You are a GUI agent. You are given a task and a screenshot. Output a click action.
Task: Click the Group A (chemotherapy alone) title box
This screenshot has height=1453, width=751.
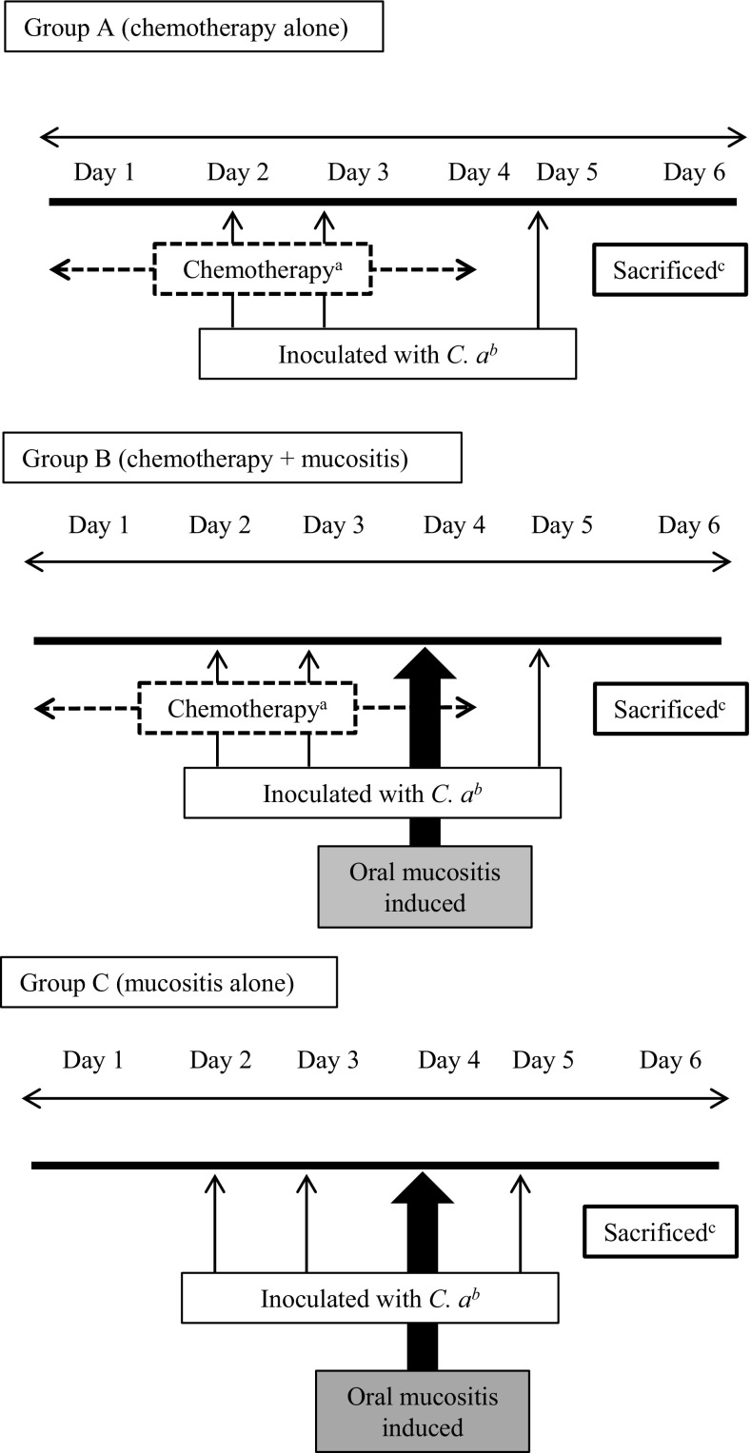coord(192,27)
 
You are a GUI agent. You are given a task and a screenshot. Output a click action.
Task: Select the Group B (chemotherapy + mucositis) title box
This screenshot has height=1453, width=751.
coord(231,459)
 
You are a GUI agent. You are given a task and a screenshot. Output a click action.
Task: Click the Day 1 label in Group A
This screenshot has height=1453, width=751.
coord(104,173)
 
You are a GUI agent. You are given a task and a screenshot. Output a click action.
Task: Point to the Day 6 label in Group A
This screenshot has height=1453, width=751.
coord(694,173)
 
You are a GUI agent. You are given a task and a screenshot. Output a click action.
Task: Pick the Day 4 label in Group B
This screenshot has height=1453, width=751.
coord(454,525)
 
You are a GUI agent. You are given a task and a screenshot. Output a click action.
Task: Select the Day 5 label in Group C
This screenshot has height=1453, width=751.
coord(543,1060)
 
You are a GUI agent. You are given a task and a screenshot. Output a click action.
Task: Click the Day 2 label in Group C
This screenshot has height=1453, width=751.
coord(220,1060)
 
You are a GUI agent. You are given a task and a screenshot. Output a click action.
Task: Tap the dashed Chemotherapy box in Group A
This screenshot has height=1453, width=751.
coord(262,270)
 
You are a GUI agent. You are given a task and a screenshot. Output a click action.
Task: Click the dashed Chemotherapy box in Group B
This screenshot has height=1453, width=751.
coord(247,709)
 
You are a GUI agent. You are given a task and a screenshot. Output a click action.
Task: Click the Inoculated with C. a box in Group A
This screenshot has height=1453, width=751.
coord(386,354)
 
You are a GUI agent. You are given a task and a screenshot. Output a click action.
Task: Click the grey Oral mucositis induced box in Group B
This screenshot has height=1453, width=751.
coord(425,885)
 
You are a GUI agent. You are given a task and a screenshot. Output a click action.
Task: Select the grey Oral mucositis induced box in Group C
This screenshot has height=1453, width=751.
coord(420,1410)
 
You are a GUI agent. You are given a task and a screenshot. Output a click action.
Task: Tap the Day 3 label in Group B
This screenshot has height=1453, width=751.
coord(333,525)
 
